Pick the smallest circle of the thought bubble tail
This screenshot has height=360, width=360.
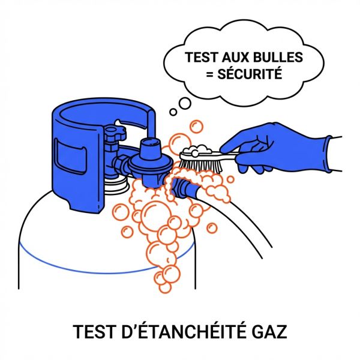point(173,111)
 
